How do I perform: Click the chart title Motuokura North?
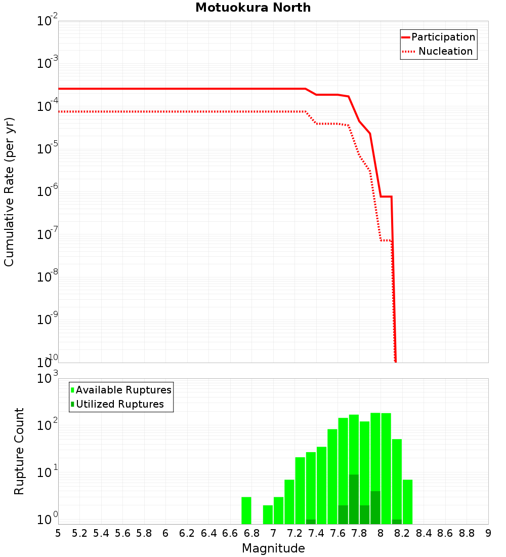[253, 8]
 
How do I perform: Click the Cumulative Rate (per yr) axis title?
[9, 192]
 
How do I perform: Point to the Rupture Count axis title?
[19, 451]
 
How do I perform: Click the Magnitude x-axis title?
[273, 548]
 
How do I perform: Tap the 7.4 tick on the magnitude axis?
[316, 533]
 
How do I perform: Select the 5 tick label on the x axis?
[58, 533]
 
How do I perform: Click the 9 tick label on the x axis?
[488, 533]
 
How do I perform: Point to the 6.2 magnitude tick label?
[187, 533]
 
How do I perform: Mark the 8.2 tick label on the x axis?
[402, 533]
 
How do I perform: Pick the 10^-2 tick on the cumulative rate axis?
[47, 22]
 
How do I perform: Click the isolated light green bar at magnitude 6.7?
[246, 510]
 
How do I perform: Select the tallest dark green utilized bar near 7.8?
[354, 499]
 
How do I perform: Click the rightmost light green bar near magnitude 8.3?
[408, 501]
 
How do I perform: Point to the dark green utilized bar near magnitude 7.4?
[311, 522]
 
